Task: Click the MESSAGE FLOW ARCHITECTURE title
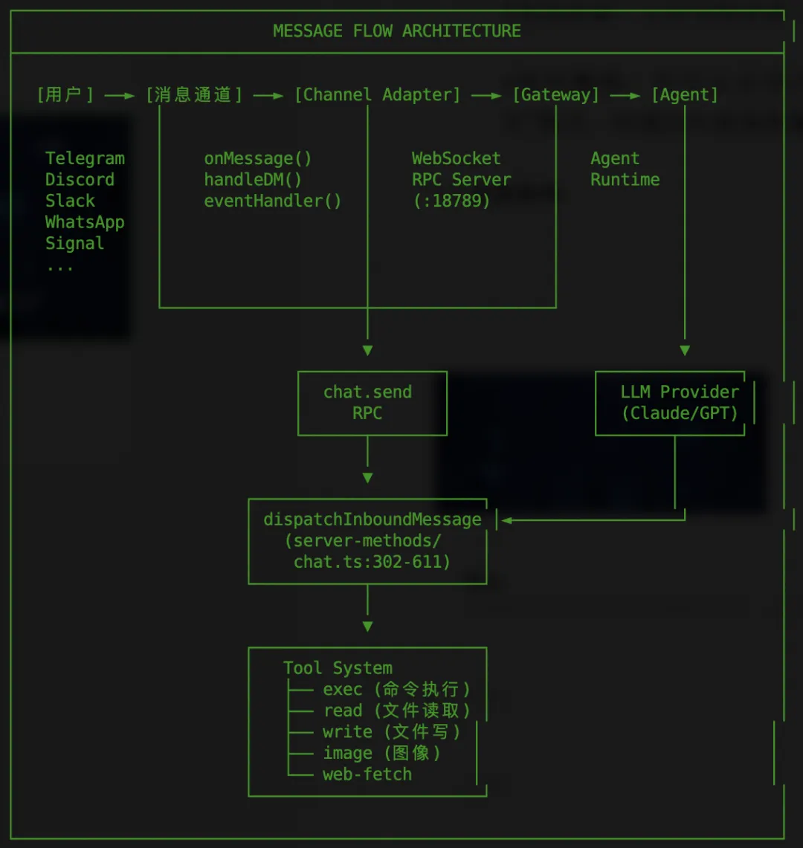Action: coord(396,31)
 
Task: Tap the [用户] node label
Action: coord(65,95)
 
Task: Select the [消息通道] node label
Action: coord(194,95)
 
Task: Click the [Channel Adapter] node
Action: coord(377,95)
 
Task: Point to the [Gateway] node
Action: coord(555,95)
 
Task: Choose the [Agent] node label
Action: coord(684,95)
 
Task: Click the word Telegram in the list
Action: coord(85,158)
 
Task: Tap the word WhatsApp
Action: coord(85,222)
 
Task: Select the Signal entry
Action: coord(74,243)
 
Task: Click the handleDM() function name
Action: coord(253,180)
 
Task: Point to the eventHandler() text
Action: coord(273,201)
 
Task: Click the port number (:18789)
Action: coord(451,201)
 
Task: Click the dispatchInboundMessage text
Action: coord(373,520)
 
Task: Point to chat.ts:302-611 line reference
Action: coord(372,562)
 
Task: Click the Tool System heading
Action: coord(338,668)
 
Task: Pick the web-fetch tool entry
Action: coord(367,774)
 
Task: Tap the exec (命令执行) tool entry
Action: coord(396,690)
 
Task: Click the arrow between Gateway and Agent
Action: coord(625,96)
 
